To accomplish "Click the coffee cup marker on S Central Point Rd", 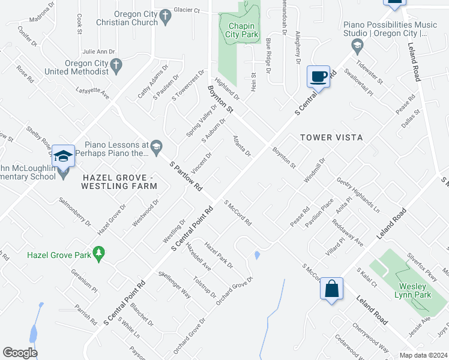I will point(319,76).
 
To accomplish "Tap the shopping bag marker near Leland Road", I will point(331,289).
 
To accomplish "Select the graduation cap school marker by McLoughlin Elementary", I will point(63,156).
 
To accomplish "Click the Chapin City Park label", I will point(241,30).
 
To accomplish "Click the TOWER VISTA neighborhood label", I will point(332,137).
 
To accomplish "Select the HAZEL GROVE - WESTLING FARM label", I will point(119,182).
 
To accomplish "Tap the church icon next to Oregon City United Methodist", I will point(116,64).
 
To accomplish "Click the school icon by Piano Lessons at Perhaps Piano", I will point(156,145).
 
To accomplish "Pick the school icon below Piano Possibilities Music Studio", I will point(357,45).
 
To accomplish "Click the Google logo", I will point(20,353).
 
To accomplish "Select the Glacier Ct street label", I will point(186,10).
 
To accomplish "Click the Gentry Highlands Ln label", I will point(358,195).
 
